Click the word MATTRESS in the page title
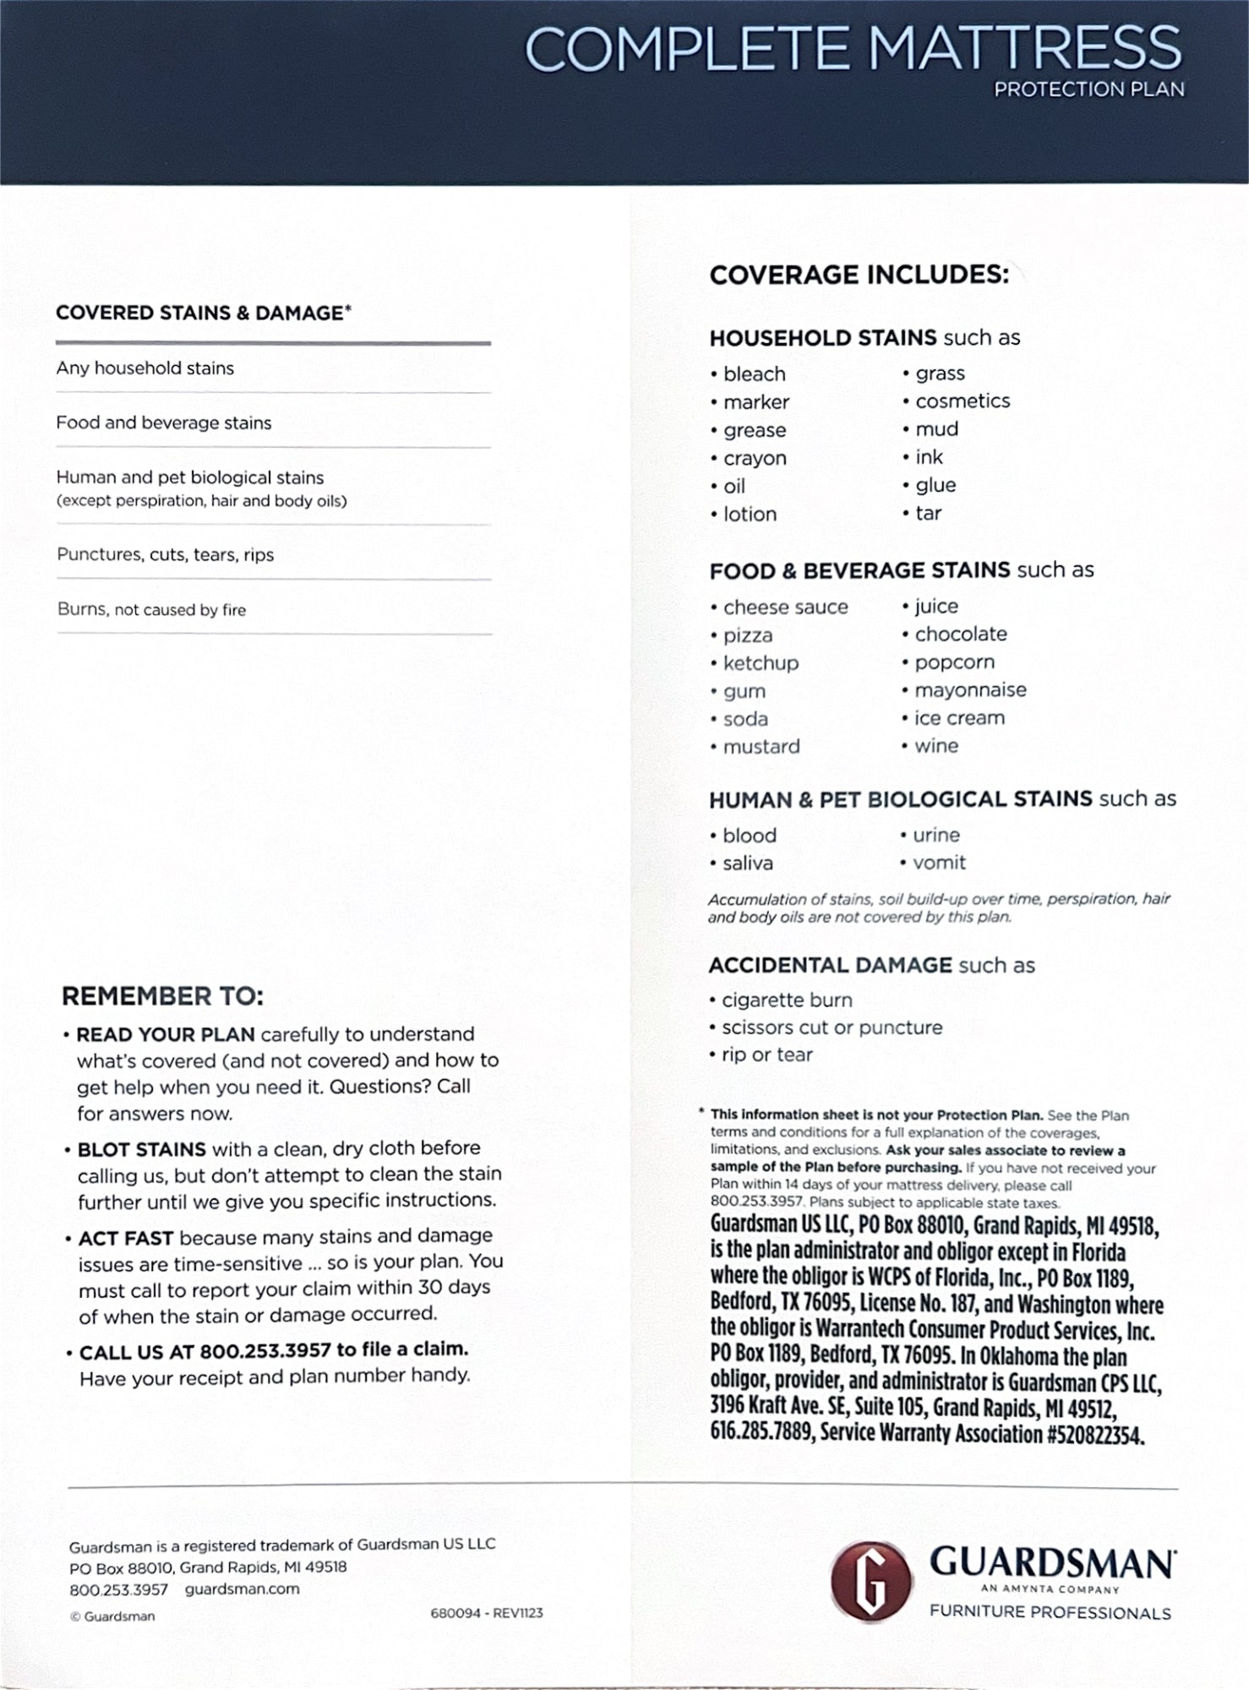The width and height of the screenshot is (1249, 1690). pyautogui.click(x=1024, y=49)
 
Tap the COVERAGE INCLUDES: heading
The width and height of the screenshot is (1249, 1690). pyautogui.click(x=859, y=275)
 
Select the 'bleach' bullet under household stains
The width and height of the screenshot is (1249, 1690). pyautogui.click(x=754, y=374)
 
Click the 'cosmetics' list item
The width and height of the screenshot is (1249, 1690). pyautogui.click(x=962, y=401)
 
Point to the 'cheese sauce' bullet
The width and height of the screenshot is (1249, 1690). pyautogui.click(x=784, y=608)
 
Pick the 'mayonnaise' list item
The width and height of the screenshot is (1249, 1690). pyautogui.click(x=969, y=690)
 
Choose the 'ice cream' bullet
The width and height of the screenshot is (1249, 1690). pyautogui.click(x=958, y=718)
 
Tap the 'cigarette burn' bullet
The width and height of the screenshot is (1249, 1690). pyautogui.click(x=786, y=1000)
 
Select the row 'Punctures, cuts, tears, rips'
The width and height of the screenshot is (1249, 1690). pyautogui.click(x=166, y=555)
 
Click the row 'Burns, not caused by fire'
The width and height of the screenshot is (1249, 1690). pyautogui.click(x=152, y=610)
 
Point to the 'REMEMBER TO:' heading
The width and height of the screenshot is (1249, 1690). pyautogui.click(x=162, y=997)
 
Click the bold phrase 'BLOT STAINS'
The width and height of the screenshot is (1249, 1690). pyautogui.click(x=141, y=1150)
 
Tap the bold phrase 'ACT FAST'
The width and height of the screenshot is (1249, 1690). pyautogui.click(x=126, y=1239)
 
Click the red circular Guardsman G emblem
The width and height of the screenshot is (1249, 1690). pyautogui.click(x=870, y=1580)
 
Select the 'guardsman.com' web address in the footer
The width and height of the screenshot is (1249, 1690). pyautogui.click(x=242, y=1589)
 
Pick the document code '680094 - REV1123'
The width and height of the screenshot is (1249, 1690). pyautogui.click(x=486, y=1613)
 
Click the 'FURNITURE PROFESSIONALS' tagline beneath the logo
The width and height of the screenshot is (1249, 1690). pyautogui.click(x=1050, y=1613)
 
